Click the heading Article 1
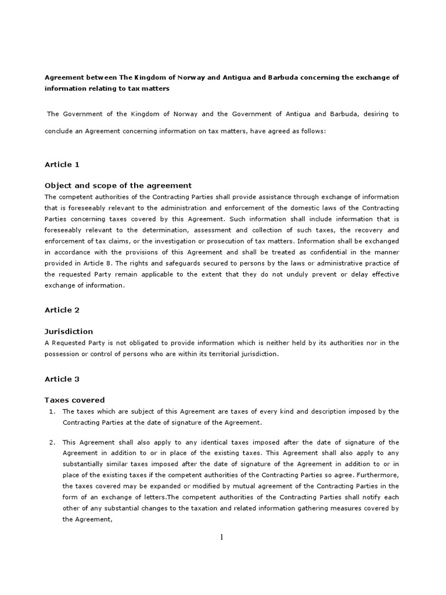[x=62, y=164]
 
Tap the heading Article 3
[x=62, y=379]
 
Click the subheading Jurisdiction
[x=69, y=331]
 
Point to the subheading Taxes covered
[x=75, y=400]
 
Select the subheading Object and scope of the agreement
[x=118, y=185]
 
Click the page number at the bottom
[x=222, y=537]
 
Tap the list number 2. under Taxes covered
[x=51, y=442]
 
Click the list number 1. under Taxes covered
[x=51, y=411]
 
